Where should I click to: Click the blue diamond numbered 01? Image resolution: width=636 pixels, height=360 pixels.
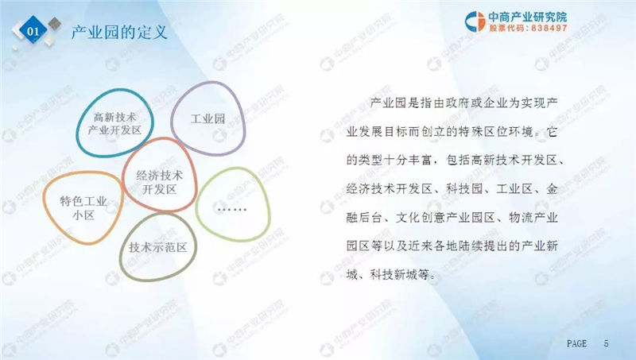pyautogui.click(x=33, y=31)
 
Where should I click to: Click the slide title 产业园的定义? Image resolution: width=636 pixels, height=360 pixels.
pyautogui.click(x=119, y=32)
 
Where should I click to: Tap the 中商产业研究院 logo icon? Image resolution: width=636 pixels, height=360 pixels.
pyautogui.click(x=475, y=21)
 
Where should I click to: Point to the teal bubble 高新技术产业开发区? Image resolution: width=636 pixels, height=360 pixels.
pyautogui.click(x=114, y=123)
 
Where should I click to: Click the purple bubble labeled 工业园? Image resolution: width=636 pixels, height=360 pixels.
pyautogui.click(x=208, y=118)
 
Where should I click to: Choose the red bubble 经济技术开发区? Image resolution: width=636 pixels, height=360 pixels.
pyautogui.click(x=160, y=175)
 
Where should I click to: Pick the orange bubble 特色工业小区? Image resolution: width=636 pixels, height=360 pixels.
pyautogui.click(x=83, y=207)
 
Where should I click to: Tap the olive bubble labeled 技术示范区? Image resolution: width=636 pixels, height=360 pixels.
pyautogui.click(x=158, y=247)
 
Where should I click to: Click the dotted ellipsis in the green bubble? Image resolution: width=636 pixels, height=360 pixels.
pyautogui.click(x=231, y=209)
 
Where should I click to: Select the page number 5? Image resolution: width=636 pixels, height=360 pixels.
pyautogui.click(x=606, y=343)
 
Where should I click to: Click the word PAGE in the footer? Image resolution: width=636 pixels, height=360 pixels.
pyautogui.click(x=576, y=343)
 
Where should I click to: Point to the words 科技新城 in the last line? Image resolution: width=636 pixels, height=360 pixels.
pyautogui.click(x=394, y=275)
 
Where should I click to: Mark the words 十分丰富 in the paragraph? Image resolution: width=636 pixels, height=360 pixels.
pyautogui.click(x=408, y=161)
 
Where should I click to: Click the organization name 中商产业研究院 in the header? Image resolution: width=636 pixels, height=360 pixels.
pyautogui.click(x=527, y=17)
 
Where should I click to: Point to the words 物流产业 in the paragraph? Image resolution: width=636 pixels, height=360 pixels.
pyautogui.click(x=533, y=218)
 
